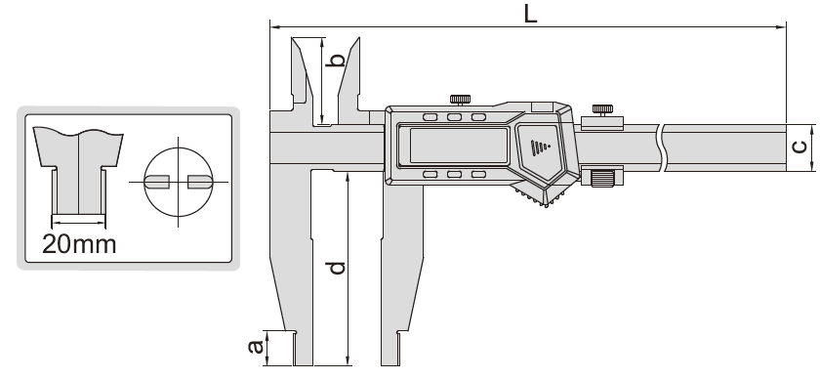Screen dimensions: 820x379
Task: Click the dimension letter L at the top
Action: coord(530,14)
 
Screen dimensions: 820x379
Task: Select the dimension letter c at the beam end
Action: coord(800,147)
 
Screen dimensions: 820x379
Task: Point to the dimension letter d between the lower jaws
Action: coord(338,268)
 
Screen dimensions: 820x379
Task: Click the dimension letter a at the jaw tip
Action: coord(255,346)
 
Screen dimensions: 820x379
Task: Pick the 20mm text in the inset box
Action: coord(79,244)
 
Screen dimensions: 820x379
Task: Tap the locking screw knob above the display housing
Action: coord(460,99)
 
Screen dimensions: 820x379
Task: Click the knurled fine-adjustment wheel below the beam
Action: coord(602,178)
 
